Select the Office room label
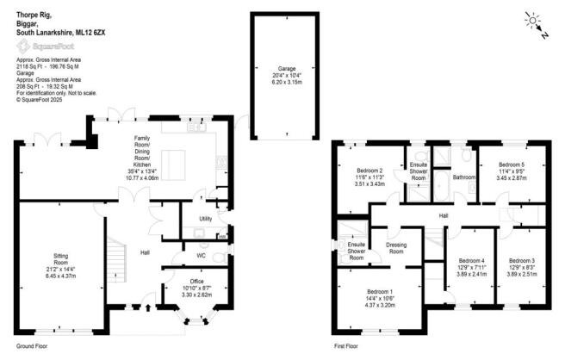[198, 282]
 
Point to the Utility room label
[205, 219]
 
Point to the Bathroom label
[465, 177]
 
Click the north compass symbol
[537, 23]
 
